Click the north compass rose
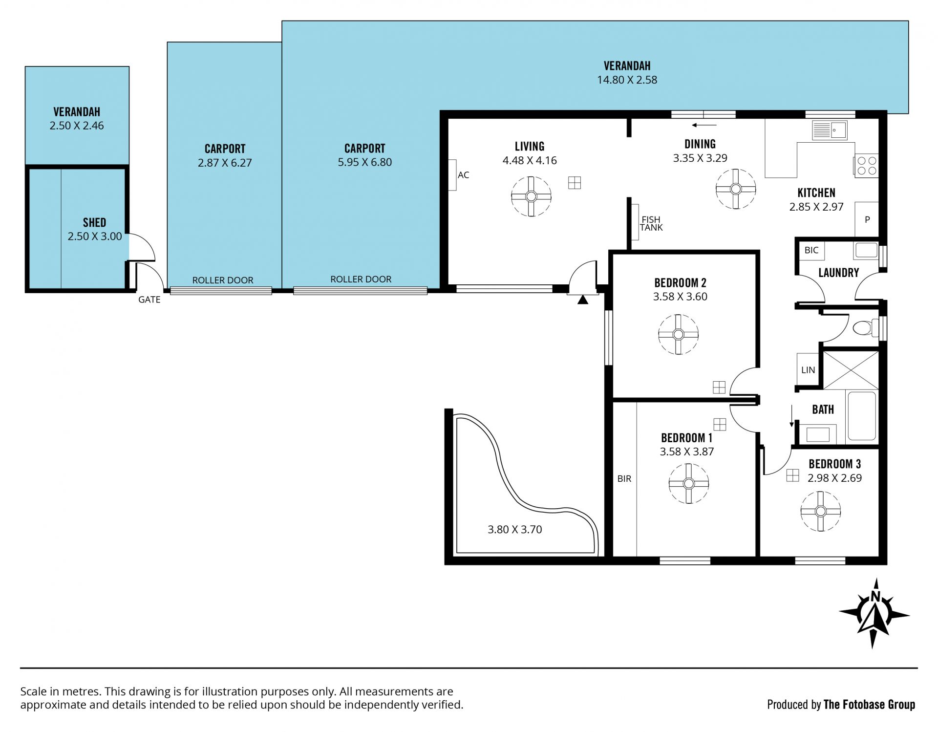pyautogui.click(x=874, y=614)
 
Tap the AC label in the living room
pyautogui.click(x=463, y=175)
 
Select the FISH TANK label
pyautogui.click(x=651, y=223)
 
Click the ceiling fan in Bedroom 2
pyautogui.click(x=678, y=334)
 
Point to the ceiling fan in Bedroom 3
pyautogui.click(x=820, y=511)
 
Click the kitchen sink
pyautogui.click(x=830, y=130)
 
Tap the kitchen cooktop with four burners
pyautogui.click(x=866, y=165)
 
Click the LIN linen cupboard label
pyautogui.click(x=808, y=370)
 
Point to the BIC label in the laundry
pyautogui.click(x=811, y=250)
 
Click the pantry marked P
pyautogui.click(x=867, y=219)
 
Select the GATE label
pyautogui.click(x=149, y=300)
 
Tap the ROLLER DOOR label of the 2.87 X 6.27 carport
pyautogui.click(x=223, y=280)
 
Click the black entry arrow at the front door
pyautogui.click(x=582, y=300)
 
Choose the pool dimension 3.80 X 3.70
pyautogui.click(x=515, y=529)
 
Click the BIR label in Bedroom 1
pyautogui.click(x=624, y=479)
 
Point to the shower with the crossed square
pyautogui.click(x=851, y=370)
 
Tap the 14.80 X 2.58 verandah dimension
pyautogui.click(x=627, y=80)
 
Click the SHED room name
pyautogui.click(x=94, y=222)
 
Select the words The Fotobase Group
pyautogui.click(x=869, y=704)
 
